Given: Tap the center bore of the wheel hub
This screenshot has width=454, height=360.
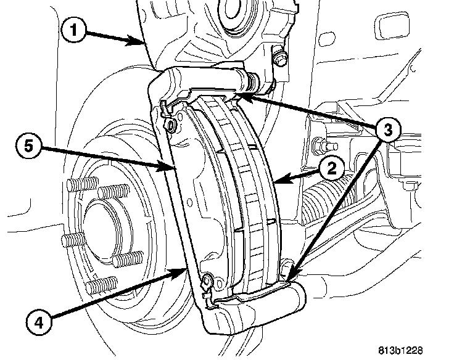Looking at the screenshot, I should point(105,228).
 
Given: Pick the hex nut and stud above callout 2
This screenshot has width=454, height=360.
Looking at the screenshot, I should point(322,145).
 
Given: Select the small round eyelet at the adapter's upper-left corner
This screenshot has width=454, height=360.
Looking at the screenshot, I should point(171,126).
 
